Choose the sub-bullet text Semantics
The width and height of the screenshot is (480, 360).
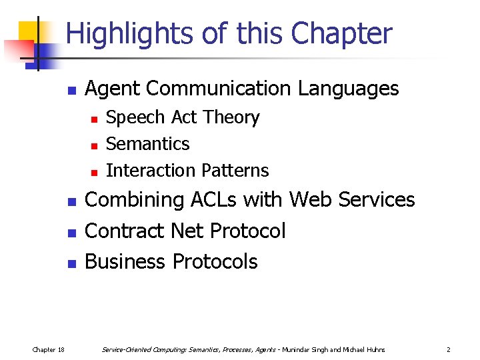147,144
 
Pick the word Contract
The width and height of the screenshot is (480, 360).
125,231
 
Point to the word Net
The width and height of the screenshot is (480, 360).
187,231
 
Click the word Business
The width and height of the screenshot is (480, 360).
125,262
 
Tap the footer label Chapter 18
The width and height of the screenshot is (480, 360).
49,349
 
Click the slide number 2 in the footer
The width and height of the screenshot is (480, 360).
449,349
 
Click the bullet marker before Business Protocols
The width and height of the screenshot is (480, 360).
72,263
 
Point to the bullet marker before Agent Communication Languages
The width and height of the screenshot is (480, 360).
72,90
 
